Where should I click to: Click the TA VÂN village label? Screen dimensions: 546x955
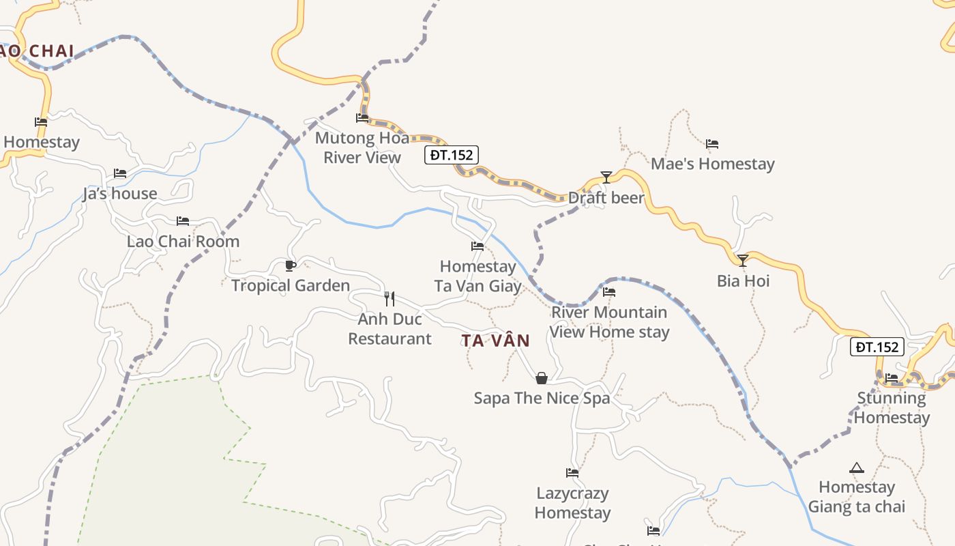point(495,341)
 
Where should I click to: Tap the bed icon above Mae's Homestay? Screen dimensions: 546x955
point(712,144)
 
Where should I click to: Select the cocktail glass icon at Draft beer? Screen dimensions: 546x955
point(606,177)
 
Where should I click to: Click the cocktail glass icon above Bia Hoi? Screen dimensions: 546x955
point(743,260)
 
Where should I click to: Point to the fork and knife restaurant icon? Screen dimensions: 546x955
point(390,298)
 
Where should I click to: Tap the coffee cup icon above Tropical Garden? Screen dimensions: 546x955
point(291,265)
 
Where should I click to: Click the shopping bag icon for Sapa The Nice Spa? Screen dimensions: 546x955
point(542,378)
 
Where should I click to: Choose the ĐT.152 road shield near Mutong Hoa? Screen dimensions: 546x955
point(451,155)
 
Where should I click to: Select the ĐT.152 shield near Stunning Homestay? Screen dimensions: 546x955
point(877,347)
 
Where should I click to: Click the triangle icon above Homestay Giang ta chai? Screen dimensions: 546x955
point(857,468)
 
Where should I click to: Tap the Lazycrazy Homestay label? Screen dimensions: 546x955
point(572,503)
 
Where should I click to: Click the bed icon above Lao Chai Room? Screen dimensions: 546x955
point(183,221)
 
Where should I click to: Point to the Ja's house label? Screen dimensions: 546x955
point(120,194)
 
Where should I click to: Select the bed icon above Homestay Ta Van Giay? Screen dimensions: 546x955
point(477,246)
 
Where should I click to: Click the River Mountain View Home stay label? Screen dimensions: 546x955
point(609,322)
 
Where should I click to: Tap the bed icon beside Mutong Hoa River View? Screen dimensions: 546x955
point(362,118)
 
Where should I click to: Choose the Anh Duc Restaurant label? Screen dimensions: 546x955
point(390,329)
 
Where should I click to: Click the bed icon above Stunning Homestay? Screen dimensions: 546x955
point(892,377)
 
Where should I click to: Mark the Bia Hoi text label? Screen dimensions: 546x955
point(743,281)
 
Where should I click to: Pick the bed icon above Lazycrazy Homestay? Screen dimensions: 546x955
point(572,472)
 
